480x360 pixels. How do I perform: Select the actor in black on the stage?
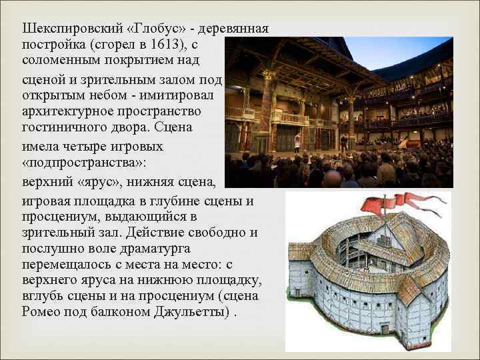pos(343,141)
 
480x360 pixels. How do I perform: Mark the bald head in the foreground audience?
pos(332,178)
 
